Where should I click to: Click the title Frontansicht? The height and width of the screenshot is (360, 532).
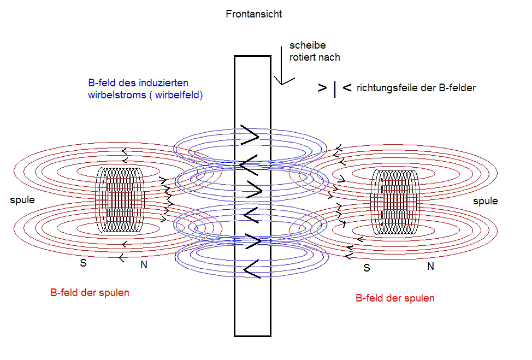pyautogui.click(x=254, y=14)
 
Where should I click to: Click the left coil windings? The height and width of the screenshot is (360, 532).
pyautogui.click(x=120, y=200)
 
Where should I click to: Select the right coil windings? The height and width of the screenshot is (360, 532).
pyautogui.click(x=395, y=202)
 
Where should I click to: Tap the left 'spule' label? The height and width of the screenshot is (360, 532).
pyautogui.click(x=22, y=200)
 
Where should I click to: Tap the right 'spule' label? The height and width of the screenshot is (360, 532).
pyautogui.click(x=486, y=201)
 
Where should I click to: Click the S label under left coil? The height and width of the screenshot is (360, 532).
pyautogui.click(x=83, y=263)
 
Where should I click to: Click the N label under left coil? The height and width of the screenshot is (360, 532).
pyautogui.click(x=144, y=264)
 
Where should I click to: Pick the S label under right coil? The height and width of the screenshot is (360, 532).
pyautogui.click(x=367, y=268)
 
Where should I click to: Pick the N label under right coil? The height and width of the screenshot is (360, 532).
pyautogui.click(x=430, y=267)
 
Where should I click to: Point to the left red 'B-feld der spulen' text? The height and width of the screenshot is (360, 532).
pyautogui.click(x=90, y=293)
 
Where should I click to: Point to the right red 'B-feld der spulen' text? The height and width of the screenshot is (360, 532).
pyautogui.click(x=395, y=298)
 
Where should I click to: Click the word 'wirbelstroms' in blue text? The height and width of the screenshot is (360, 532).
pyautogui.click(x=117, y=95)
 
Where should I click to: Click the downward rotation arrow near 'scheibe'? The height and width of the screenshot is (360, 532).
pyautogui.click(x=282, y=66)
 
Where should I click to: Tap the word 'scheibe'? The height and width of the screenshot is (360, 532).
pyautogui.click(x=308, y=45)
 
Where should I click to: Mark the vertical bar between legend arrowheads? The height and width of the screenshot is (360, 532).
pyautogui.click(x=335, y=90)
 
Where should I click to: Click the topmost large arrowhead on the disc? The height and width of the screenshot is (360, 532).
pyautogui.click(x=250, y=135)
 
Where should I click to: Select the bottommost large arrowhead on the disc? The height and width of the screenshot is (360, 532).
pyautogui.click(x=252, y=269)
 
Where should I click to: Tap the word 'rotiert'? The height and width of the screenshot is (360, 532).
pyautogui.click(x=302, y=57)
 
